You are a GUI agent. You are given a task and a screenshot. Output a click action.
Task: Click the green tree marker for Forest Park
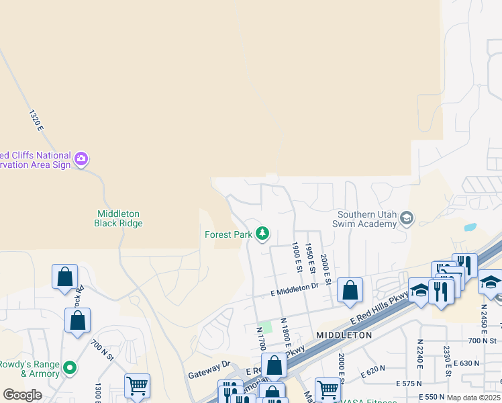(262, 234)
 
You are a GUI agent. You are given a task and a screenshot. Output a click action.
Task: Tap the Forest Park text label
(228, 234)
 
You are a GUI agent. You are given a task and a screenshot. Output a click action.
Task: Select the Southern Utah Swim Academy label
(366, 219)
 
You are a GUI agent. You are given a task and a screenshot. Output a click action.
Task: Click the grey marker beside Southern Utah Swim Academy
(406, 218)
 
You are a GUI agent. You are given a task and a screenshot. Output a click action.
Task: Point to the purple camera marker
(81, 159)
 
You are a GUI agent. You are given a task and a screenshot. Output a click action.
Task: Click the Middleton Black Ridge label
(119, 218)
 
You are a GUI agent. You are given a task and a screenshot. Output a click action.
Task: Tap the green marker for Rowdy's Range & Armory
(68, 368)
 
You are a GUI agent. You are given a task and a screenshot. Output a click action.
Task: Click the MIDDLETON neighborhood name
(344, 334)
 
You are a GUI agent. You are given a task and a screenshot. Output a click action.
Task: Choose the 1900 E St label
(296, 257)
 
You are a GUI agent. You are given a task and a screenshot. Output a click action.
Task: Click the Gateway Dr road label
(209, 369)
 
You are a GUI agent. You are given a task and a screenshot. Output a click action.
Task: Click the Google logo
(22, 395)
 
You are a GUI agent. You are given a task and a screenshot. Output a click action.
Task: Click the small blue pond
(470, 227)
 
